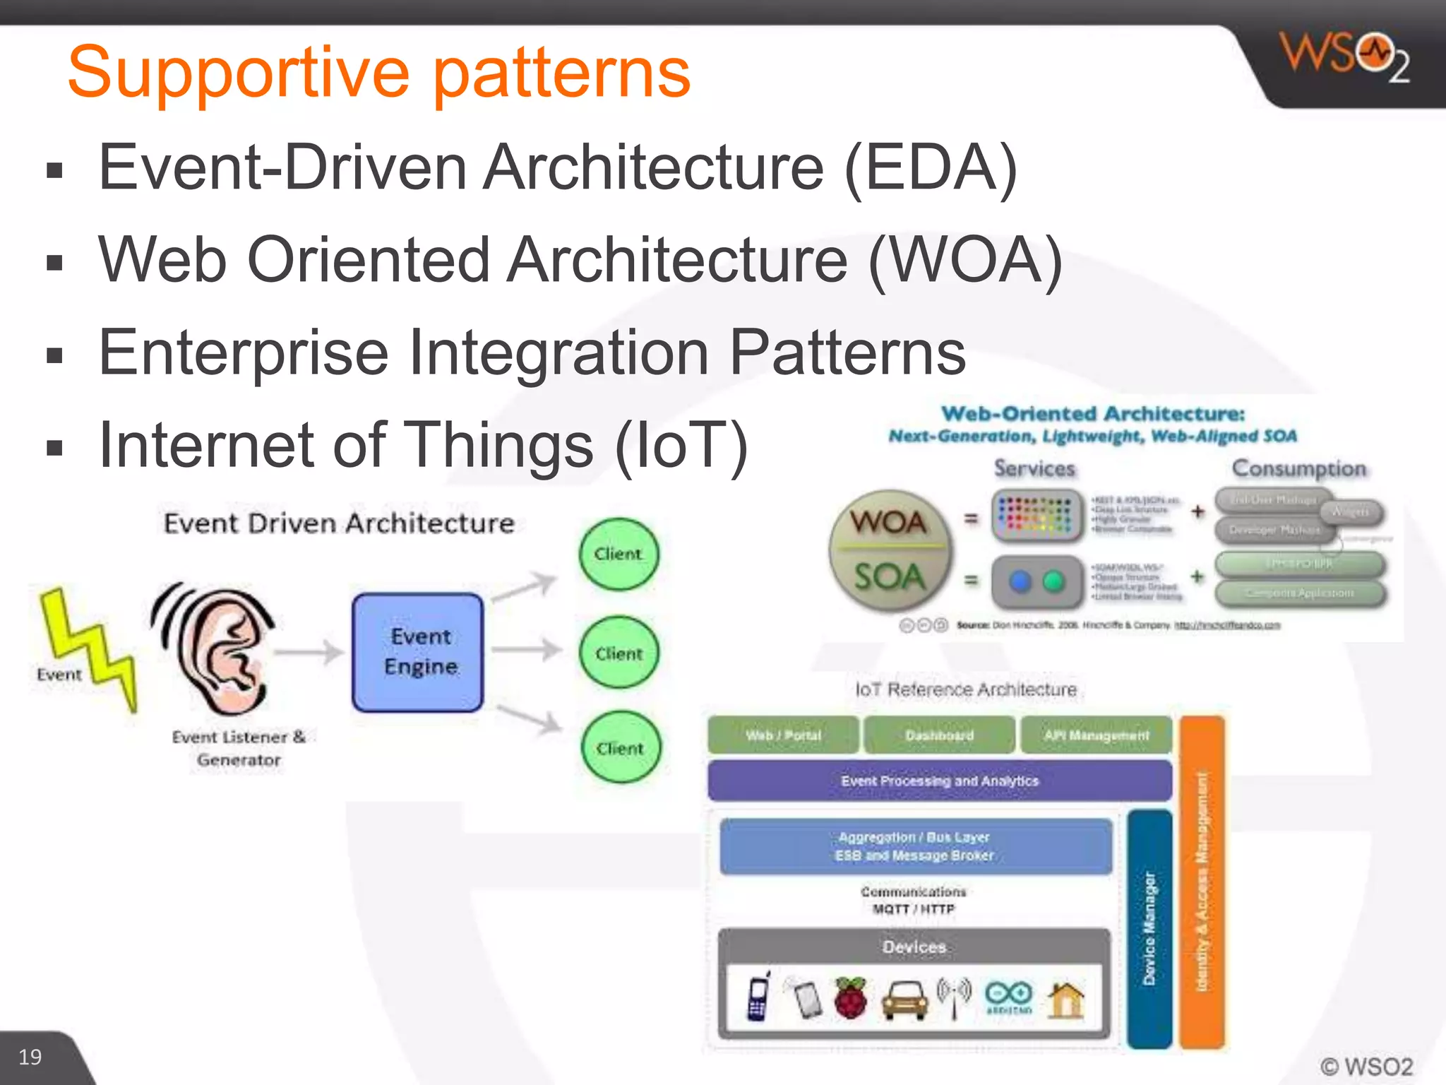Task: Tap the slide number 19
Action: (30, 1057)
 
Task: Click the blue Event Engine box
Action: (419, 652)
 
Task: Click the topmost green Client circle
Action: (619, 555)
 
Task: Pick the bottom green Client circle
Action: (621, 748)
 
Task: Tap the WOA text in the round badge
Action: (889, 523)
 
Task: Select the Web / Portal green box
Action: (783, 735)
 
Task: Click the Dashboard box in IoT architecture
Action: (939, 735)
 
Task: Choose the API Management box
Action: (1097, 735)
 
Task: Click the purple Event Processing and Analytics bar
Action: (939, 781)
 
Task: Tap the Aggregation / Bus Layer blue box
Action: (915, 846)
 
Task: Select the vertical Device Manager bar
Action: (1149, 929)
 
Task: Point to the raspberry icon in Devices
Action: (851, 998)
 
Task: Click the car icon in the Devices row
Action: (904, 1000)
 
